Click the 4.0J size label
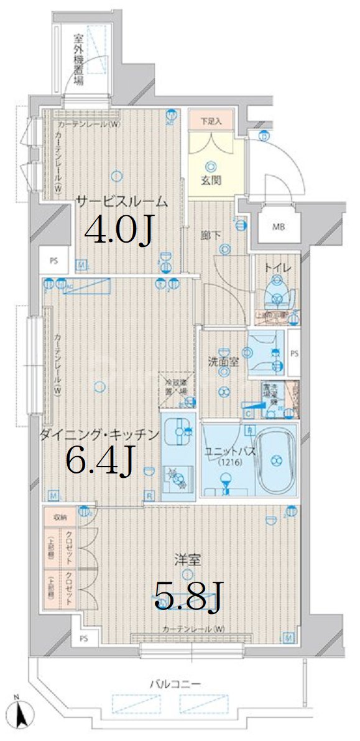click(119, 231)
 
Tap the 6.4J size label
click(100, 460)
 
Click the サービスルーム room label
click(122, 200)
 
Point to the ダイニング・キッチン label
click(99, 434)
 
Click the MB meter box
click(279, 227)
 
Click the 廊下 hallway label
click(210, 235)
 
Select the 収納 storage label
click(60, 517)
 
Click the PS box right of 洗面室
click(293, 353)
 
